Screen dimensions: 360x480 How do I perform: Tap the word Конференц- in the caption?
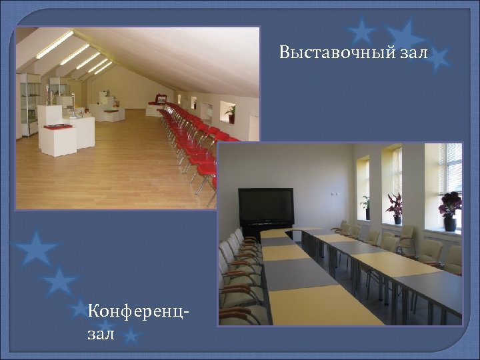pos(137,311)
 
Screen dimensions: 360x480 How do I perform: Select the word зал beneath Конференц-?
pos(101,333)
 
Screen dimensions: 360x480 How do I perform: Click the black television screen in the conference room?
pos(266,206)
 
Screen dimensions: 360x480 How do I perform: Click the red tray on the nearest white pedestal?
pos(59,125)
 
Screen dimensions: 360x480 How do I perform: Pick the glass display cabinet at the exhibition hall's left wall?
pos(29,103)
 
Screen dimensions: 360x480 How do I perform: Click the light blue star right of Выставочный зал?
pos(437,59)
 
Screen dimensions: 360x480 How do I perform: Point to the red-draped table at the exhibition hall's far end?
pos(158,101)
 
